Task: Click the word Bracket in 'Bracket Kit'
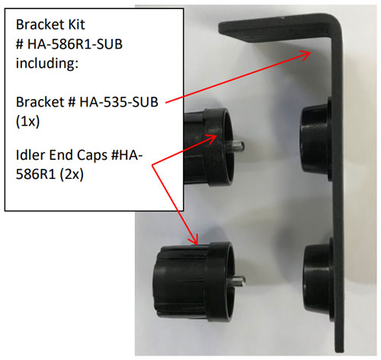(x=40, y=24)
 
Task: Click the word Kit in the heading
(x=75, y=24)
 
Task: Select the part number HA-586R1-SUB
(x=75, y=44)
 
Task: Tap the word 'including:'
(x=47, y=63)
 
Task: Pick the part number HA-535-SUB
(x=119, y=102)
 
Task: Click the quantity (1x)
(x=27, y=122)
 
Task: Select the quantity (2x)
(x=72, y=174)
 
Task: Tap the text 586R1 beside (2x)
(x=36, y=174)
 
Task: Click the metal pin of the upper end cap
(x=239, y=146)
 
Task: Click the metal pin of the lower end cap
(x=239, y=281)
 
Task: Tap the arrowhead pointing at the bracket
(x=305, y=55)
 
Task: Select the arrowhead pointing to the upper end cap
(x=210, y=139)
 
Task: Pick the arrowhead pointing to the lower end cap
(x=194, y=239)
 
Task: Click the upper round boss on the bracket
(x=316, y=139)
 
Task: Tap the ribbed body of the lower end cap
(x=181, y=282)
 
